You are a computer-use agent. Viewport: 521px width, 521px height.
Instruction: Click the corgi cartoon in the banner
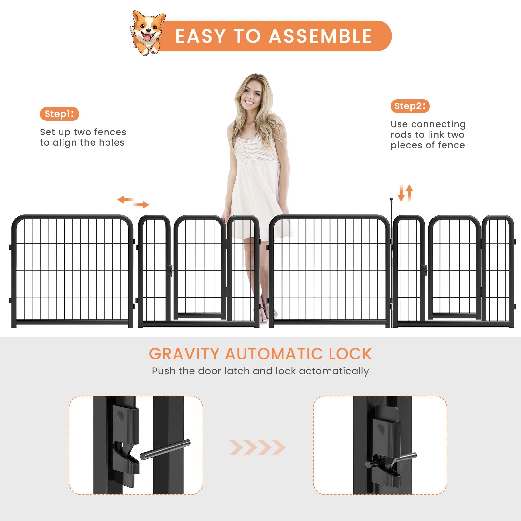(147, 33)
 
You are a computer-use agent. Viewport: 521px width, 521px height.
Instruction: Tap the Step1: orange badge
(59, 114)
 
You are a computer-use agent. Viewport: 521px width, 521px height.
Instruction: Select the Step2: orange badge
(410, 106)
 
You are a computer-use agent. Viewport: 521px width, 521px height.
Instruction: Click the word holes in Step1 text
(112, 143)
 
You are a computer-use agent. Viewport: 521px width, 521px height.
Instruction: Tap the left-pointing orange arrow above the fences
(126, 199)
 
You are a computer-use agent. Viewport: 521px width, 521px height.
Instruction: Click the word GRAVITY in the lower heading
(184, 354)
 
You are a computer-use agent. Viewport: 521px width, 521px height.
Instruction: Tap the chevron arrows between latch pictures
(257, 447)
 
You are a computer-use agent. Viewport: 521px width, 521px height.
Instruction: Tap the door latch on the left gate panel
(170, 270)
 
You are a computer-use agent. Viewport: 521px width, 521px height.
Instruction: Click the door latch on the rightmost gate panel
(424, 270)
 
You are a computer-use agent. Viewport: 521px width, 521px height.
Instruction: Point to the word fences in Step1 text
(110, 132)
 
